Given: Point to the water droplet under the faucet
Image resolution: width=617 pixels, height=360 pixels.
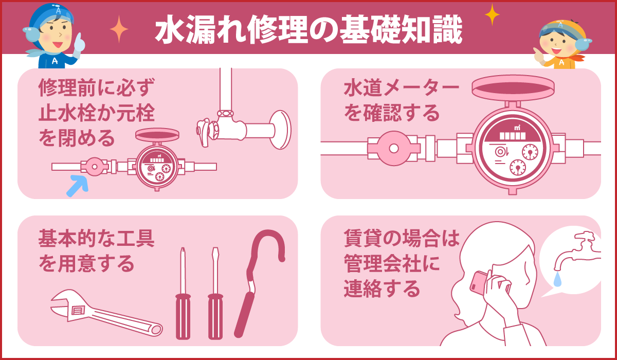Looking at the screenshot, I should pos(558,278).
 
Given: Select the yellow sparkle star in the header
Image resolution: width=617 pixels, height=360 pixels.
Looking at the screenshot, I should pos(492,14).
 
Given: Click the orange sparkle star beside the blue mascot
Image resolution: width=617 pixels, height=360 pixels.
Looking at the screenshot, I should pos(119,29).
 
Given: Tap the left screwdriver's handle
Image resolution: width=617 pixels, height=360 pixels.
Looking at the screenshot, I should pos(183,316).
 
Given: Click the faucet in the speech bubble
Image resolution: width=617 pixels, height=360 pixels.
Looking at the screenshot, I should pos(576,249).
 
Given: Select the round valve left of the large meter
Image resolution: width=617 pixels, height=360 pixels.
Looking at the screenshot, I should pos(393,148).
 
